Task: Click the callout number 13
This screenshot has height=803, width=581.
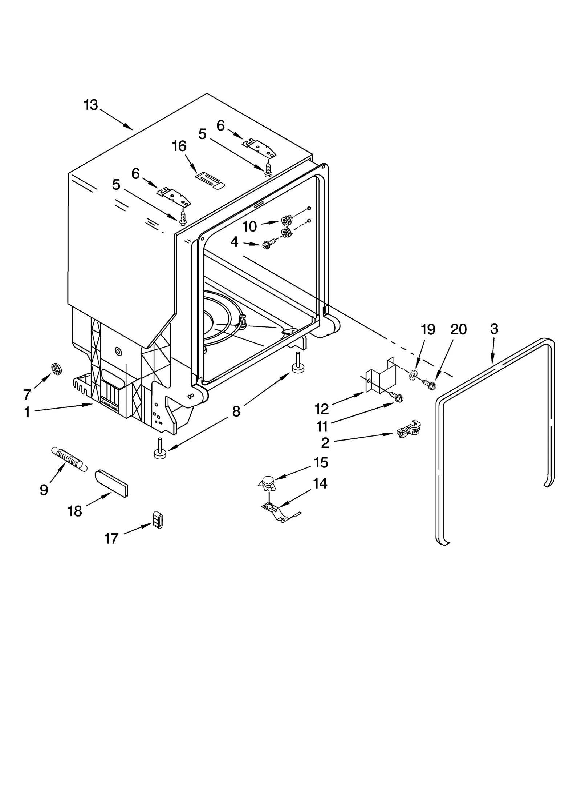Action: tap(91, 105)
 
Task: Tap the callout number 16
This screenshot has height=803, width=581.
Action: tap(179, 146)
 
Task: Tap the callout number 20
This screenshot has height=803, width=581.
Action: tap(458, 329)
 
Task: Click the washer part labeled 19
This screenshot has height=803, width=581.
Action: tap(413, 375)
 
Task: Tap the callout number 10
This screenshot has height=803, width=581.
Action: tap(250, 227)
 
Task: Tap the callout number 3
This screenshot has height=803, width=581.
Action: tap(494, 329)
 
